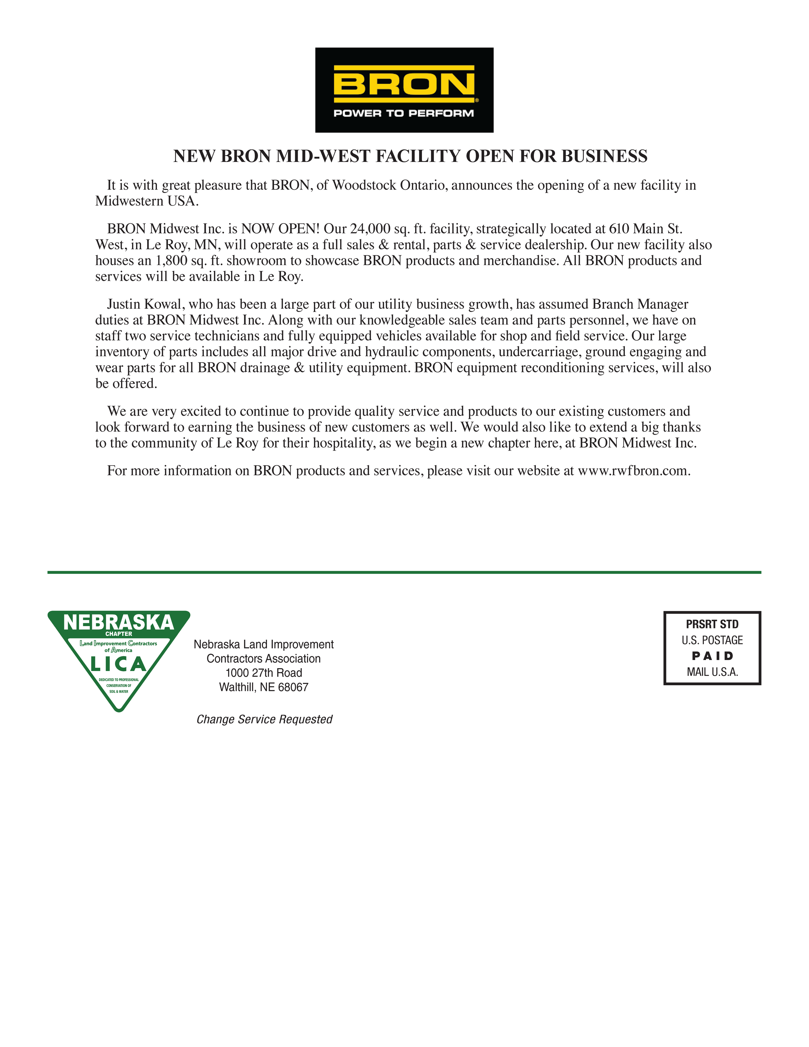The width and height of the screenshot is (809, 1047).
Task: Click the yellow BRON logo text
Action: (x=404, y=84)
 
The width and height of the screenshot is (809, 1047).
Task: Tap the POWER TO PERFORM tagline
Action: (x=404, y=113)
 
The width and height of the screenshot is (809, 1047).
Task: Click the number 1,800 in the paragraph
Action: (x=171, y=261)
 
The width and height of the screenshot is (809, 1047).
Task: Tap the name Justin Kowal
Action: (x=146, y=304)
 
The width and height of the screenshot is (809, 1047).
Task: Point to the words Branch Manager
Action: (x=640, y=304)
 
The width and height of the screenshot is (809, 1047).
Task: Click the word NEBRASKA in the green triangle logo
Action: (x=118, y=622)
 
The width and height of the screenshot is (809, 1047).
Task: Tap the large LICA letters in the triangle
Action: (x=118, y=665)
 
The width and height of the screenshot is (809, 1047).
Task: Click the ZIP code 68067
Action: (x=293, y=688)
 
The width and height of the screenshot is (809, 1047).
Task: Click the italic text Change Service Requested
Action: (x=264, y=720)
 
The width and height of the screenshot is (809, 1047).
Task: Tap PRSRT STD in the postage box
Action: (x=712, y=624)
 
